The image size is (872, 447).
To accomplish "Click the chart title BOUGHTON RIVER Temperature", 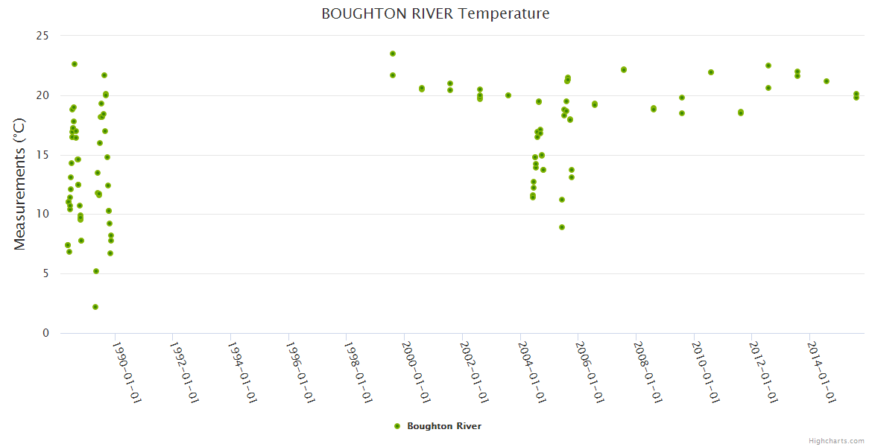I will (435, 13).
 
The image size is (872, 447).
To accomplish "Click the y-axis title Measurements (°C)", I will (20, 183).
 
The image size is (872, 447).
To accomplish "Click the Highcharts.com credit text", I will (836, 440).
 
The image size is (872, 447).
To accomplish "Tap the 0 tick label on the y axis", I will (45, 333).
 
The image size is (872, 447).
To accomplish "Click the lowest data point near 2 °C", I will (95, 307).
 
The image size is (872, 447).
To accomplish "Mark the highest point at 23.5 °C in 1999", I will (393, 54).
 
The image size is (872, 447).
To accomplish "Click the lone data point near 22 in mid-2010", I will (711, 72).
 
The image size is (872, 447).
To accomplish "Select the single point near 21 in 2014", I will (827, 81).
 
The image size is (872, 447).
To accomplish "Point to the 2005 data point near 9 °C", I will (562, 227).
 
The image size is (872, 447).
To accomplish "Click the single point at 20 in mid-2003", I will (508, 95).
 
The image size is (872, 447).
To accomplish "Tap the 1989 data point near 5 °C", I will (96, 271).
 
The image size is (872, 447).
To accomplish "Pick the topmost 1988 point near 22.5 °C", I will (75, 64).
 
